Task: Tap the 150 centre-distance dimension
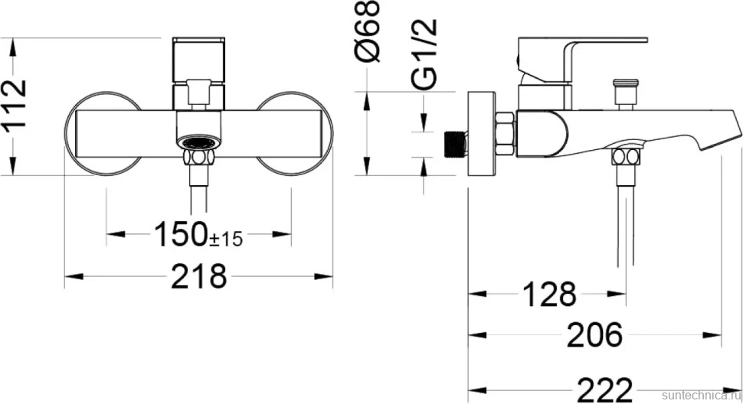(182, 233)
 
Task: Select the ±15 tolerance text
(226, 239)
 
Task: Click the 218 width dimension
(198, 276)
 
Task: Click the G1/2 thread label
(424, 54)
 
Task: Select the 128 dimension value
(549, 295)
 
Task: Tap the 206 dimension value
(594, 335)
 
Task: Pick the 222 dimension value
(604, 389)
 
